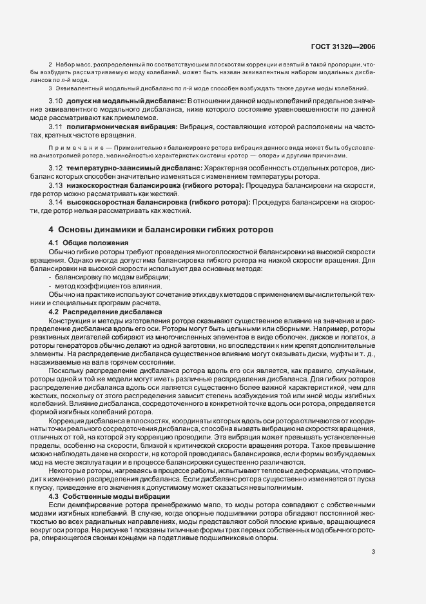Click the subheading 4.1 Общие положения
click(84, 243)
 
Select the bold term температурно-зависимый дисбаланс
click(134, 168)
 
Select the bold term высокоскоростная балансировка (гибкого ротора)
click(157, 203)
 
